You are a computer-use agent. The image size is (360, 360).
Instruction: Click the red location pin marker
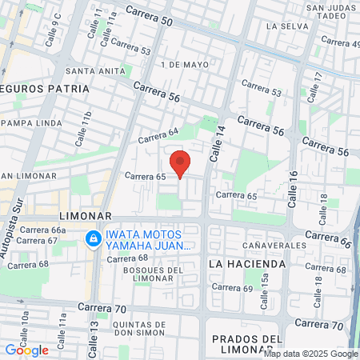[181, 163]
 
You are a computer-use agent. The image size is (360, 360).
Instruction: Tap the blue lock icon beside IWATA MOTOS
[94, 238]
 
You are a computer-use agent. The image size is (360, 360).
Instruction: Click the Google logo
[26, 350]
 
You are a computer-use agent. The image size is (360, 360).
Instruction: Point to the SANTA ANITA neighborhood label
[97, 70]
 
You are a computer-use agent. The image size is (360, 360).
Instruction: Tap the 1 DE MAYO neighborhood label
[178, 63]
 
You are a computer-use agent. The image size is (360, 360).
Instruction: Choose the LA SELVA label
[282, 26]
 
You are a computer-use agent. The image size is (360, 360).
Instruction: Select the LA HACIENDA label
[246, 263]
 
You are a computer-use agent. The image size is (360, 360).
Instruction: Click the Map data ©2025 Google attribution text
[311, 354]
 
